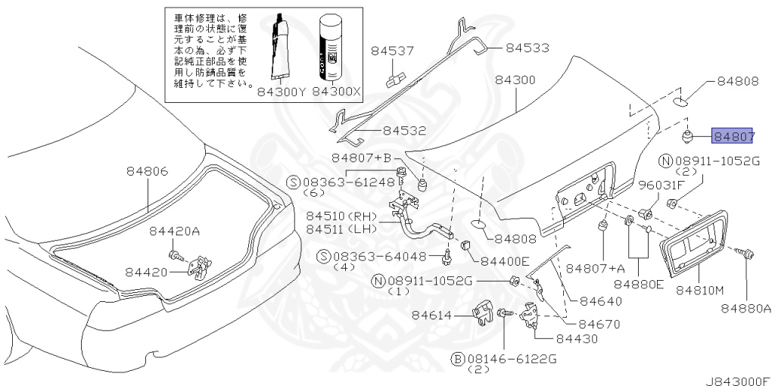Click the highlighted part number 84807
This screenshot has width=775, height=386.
click(732, 135)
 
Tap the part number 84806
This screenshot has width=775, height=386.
click(148, 172)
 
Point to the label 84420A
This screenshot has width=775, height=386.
click(176, 232)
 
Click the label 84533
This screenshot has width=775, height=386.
click(527, 48)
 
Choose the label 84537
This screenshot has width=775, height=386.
click(393, 51)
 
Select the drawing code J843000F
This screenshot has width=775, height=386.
click(739, 381)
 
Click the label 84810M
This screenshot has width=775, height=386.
click(699, 291)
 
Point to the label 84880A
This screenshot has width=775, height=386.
click(745, 308)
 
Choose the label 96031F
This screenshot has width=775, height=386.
click(661, 185)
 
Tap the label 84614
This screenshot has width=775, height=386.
click(432, 315)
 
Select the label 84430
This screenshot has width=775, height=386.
click(576, 338)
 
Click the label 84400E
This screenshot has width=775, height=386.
click(505, 260)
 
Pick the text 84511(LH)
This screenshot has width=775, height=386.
click(341, 229)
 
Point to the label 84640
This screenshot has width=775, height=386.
click(600, 301)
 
